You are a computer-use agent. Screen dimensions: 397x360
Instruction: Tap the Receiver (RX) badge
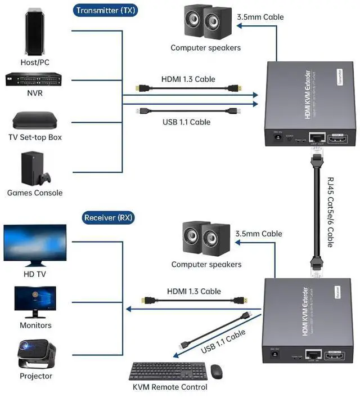click(x=109, y=218)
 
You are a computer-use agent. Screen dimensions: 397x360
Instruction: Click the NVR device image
click(x=34, y=80)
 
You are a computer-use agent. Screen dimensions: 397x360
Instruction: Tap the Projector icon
click(x=35, y=354)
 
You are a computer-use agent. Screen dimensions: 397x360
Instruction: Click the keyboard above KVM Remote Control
click(x=167, y=371)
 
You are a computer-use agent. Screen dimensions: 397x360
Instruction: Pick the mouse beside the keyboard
click(x=217, y=371)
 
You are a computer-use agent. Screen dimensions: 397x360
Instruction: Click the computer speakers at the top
click(x=205, y=23)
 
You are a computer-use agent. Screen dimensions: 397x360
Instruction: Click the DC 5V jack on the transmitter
click(x=277, y=137)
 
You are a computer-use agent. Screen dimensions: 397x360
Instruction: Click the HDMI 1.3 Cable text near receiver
click(x=193, y=291)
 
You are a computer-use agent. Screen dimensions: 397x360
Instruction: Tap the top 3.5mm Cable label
click(x=259, y=17)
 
